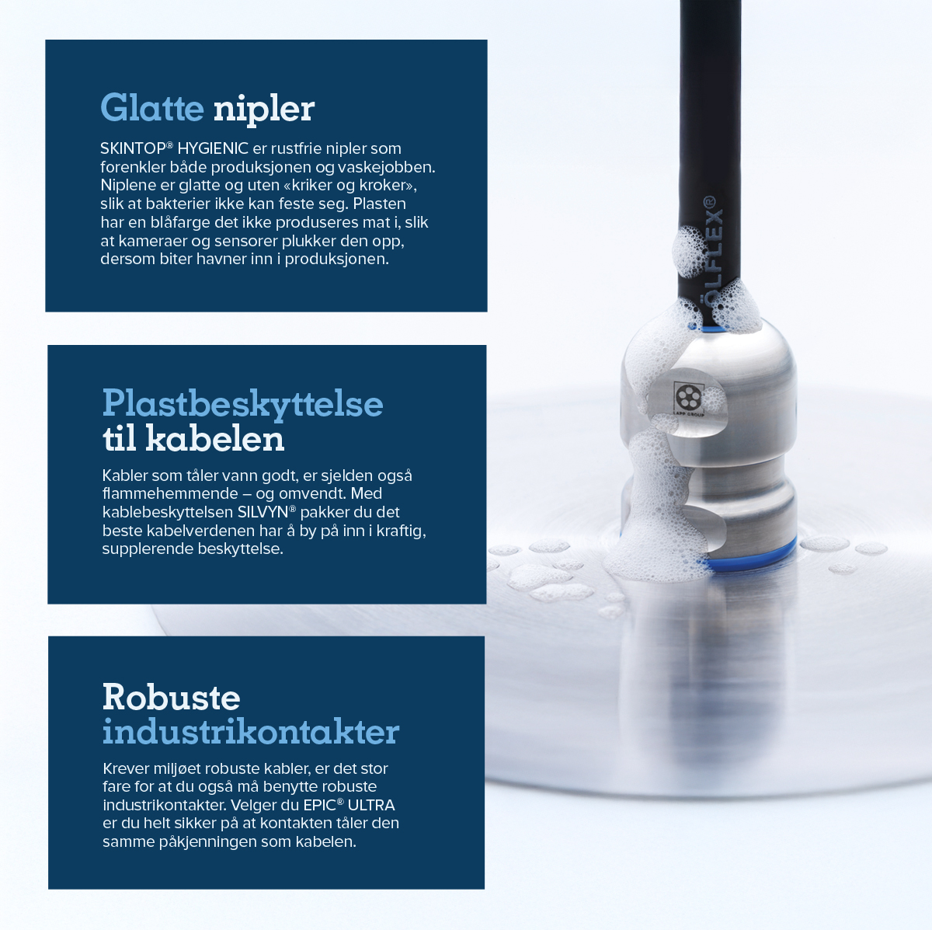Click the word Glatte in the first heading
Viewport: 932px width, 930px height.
point(152,107)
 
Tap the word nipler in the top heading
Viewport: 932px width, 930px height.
point(264,110)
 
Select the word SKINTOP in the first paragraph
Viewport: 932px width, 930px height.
point(134,148)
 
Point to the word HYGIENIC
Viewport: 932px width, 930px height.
point(213,148)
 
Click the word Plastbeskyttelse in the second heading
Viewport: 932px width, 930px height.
point(243,403)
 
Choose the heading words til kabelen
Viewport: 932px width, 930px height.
point(193,438)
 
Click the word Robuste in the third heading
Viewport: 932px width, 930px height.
point(171,697)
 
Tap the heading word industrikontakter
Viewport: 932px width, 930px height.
point(251,732)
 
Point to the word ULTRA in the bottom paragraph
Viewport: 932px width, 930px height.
point(371,805)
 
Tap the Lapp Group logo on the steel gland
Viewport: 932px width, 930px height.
point(689,399)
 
